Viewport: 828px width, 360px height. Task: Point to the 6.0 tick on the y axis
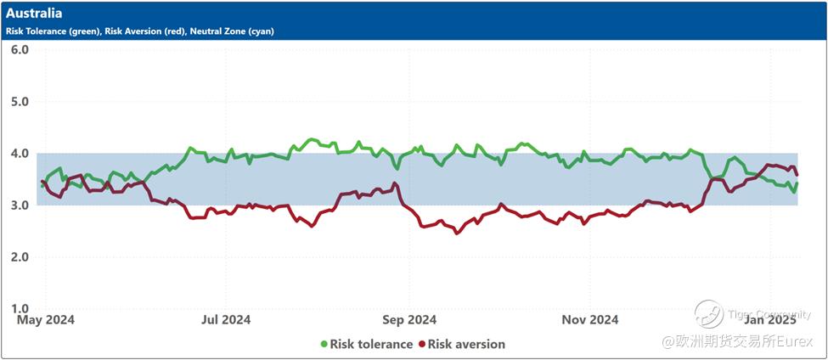20,49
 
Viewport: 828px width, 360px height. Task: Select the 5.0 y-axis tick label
20,101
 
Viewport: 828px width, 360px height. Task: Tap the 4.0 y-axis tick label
20,154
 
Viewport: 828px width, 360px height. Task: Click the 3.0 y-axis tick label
20,205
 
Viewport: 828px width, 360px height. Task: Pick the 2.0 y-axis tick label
20,257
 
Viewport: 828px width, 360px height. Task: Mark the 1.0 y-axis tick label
20,309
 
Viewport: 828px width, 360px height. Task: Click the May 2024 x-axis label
46,320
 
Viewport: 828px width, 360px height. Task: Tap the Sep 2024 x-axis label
408,320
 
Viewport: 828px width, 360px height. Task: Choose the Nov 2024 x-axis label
590,320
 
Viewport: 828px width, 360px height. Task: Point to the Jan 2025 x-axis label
770,320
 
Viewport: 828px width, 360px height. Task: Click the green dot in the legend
324,344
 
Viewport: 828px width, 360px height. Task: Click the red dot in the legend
421,344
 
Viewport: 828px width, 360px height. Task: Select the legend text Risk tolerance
372,344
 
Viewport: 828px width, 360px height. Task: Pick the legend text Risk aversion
467,344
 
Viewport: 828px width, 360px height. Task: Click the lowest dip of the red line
457,233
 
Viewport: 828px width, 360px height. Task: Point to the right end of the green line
797,183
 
